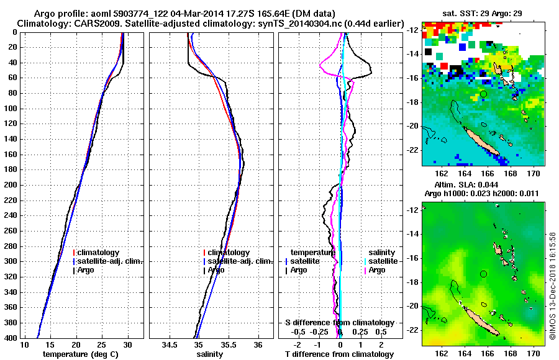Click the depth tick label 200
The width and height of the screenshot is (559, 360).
[11, 185]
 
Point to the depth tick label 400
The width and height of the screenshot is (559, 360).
[11, 338]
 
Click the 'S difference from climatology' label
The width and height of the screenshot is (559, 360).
[340, 323]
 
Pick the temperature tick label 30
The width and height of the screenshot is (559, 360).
[127, 344]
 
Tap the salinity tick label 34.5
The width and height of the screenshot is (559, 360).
[170, 344]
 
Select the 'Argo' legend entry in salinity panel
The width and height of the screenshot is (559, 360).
[216, 270]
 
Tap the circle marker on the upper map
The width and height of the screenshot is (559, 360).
[483, 94]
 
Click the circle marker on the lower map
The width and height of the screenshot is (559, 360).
[483, 274]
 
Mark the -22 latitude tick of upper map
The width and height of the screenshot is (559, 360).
[412, 150]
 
